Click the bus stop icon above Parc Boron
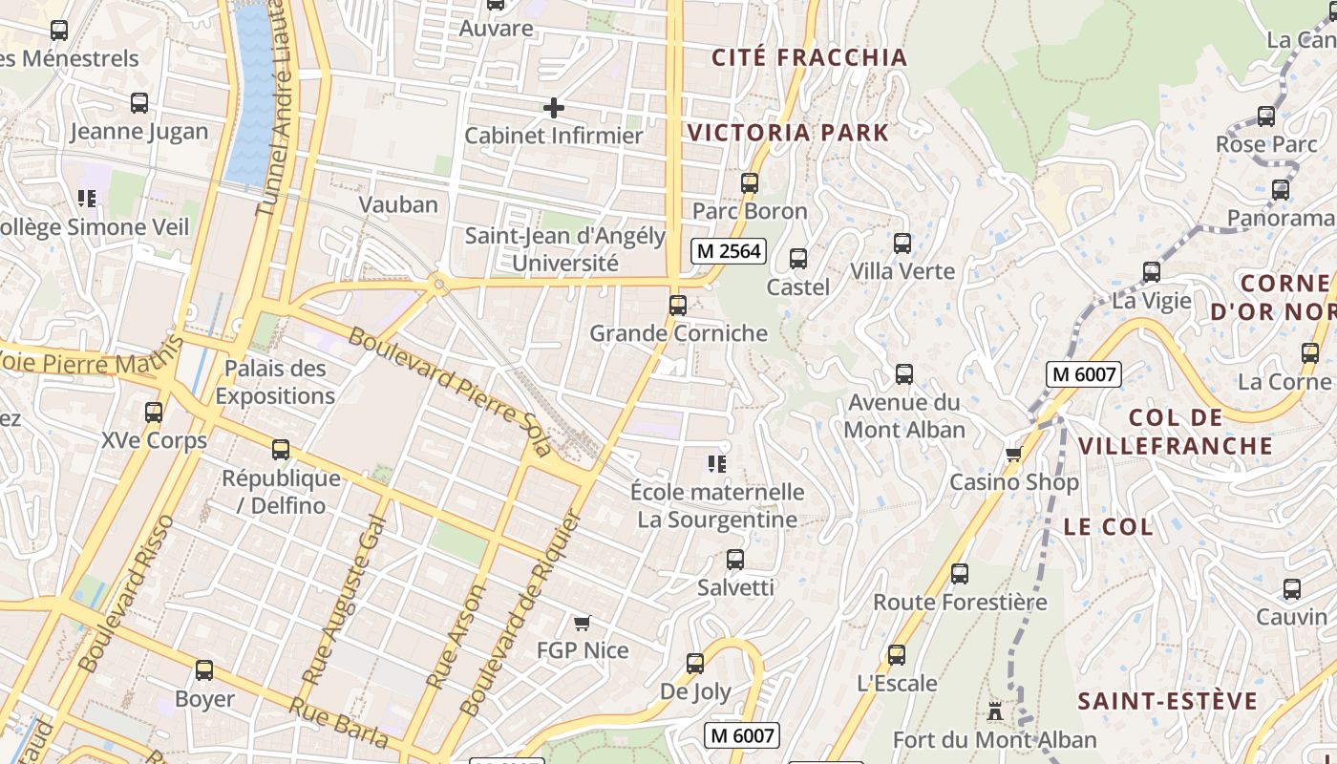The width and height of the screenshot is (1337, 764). (750, 182)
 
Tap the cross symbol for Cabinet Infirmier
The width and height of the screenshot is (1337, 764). (553, 108)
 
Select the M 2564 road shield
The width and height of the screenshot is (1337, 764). (729, 251)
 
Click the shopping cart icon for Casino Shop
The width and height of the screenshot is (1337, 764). (1013, 454)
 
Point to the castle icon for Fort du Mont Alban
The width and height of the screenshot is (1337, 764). (994, 711)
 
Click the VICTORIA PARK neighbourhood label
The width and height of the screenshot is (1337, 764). (788, 133)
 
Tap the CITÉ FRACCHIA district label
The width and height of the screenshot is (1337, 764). (809, 57)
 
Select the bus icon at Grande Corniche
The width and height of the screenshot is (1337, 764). (678, 306)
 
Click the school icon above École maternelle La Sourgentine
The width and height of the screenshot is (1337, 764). (716, 464)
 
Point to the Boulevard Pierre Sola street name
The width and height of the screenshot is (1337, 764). (449, 392)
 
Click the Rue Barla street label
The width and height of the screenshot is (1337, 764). (339, 723)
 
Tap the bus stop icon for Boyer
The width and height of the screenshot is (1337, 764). (204, 670)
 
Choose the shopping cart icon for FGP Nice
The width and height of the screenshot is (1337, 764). (582, 624)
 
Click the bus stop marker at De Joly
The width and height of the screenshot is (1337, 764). (695, 664)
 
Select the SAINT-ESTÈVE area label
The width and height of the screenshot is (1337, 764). (1168, 702)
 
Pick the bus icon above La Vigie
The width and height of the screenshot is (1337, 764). (1152, 272)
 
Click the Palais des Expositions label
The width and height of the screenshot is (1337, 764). (275, 382)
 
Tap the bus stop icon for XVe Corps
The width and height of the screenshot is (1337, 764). (154, 413)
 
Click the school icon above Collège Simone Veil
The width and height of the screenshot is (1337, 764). (87, 199)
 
